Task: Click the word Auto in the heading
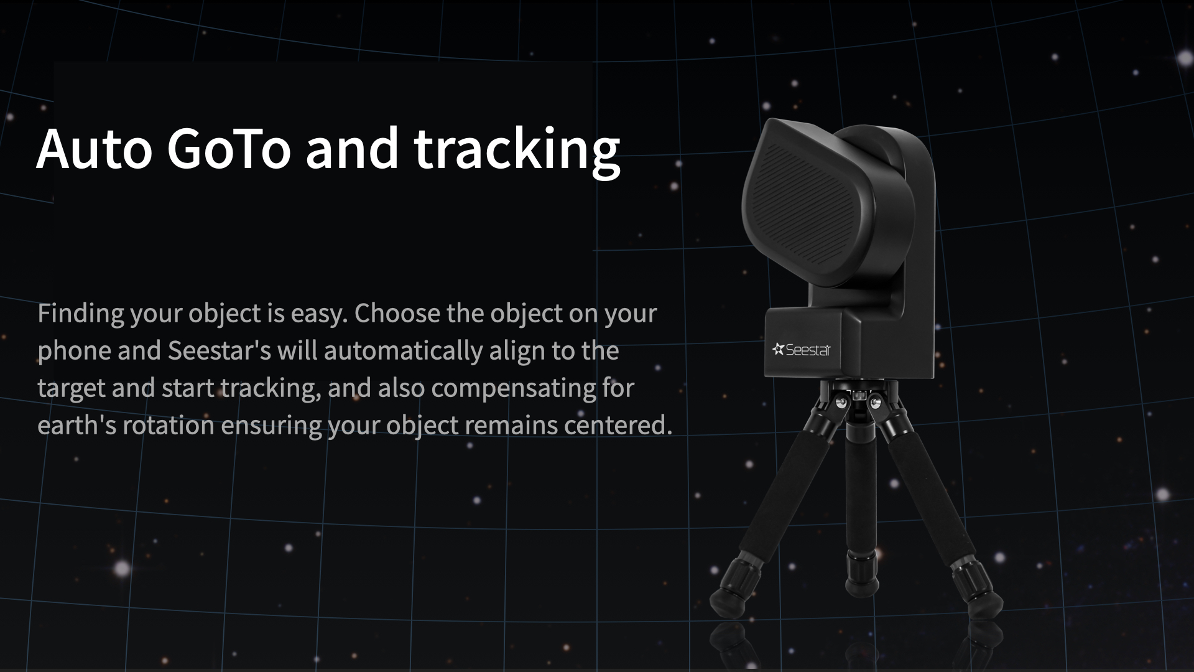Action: click(x=94, y=149)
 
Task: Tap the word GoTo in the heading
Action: click(x=228, y=149)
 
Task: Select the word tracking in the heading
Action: click(x=517, y=151)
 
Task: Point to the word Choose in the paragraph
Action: click(x=397, y=313)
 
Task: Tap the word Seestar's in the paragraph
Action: click(x=219, y=350)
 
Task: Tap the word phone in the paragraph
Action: click(x=74, y=352)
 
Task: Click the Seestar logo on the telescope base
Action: click(x=802, y=350)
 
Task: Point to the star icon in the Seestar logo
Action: click(x=778, y=349)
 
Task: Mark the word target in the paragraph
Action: click(x=72, y=389)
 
